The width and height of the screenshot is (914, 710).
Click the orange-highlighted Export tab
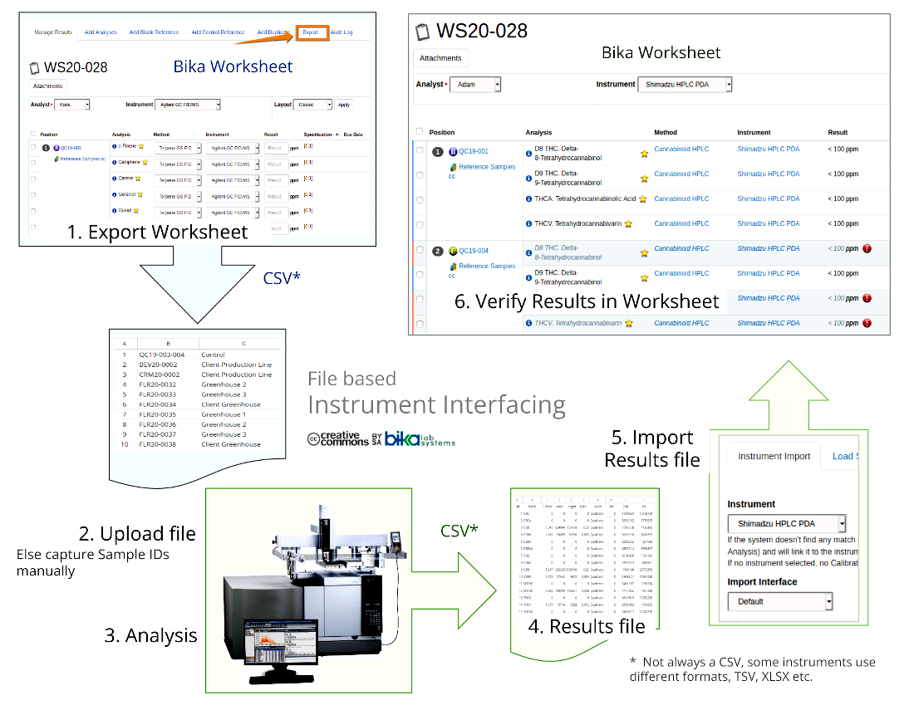coord(310,32)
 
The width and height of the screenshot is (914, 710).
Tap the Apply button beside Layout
coord(344,105)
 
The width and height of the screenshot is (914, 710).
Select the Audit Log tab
coord(342,32)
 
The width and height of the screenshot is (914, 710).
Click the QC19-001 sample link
coord(474,151)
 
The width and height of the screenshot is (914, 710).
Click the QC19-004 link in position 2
coord(474,251)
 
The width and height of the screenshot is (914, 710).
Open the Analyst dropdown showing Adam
coord(474,85)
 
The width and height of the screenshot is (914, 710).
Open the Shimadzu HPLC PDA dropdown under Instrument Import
coord(786,524)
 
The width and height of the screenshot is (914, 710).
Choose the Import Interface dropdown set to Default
coord(779,601)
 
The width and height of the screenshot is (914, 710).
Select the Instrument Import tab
coord(774,456)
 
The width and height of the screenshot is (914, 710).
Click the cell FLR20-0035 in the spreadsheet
coord(157,414)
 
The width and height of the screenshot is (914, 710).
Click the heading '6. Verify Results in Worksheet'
coord(587,301)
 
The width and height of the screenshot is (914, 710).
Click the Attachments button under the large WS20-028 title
coord(440,58)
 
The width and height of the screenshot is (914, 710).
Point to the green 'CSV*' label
coord(459,528)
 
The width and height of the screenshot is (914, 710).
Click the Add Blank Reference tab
coord(154,32)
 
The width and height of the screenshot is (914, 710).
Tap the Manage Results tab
coord(53,32)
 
